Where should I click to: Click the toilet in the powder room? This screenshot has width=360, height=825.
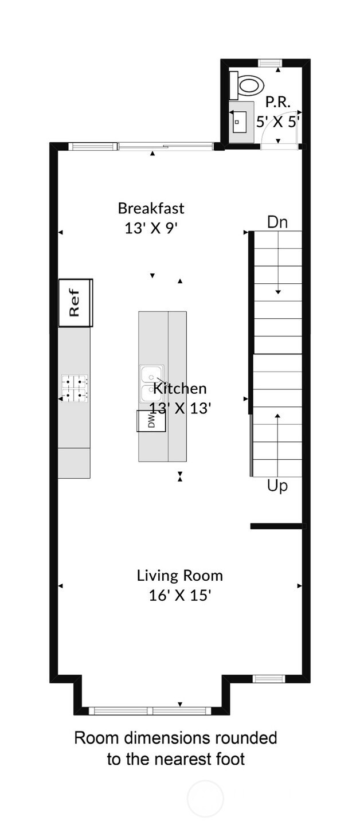tap(246, 85)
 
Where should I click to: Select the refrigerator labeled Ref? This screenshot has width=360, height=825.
tap(76, 303)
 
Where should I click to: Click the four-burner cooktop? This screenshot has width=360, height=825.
tap(75, 388)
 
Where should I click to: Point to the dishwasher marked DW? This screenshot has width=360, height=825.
tap(151, 421)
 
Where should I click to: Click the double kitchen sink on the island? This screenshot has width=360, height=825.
tap(151, 384)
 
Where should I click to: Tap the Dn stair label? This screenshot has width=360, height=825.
tap(277, 222)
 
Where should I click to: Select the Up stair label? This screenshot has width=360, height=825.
tap(277, 486)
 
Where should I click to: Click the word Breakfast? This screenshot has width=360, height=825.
tap(151, 209)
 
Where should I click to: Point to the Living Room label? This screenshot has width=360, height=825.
tap(180, 576)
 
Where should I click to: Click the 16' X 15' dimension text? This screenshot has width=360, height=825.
tap(180, 595)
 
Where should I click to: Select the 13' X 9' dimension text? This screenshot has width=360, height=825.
tap(151, 228)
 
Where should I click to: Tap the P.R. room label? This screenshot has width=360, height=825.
tap(278, 102)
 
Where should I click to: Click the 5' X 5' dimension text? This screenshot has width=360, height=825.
tap(278, 121)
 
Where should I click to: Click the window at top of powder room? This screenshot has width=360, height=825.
tap(270, 63)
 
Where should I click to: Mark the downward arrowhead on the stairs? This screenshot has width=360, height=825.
tap(278, 292)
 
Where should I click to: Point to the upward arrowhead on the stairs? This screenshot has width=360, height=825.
tap(278, 416)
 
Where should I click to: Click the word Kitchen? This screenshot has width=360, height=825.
tap(180, 389)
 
